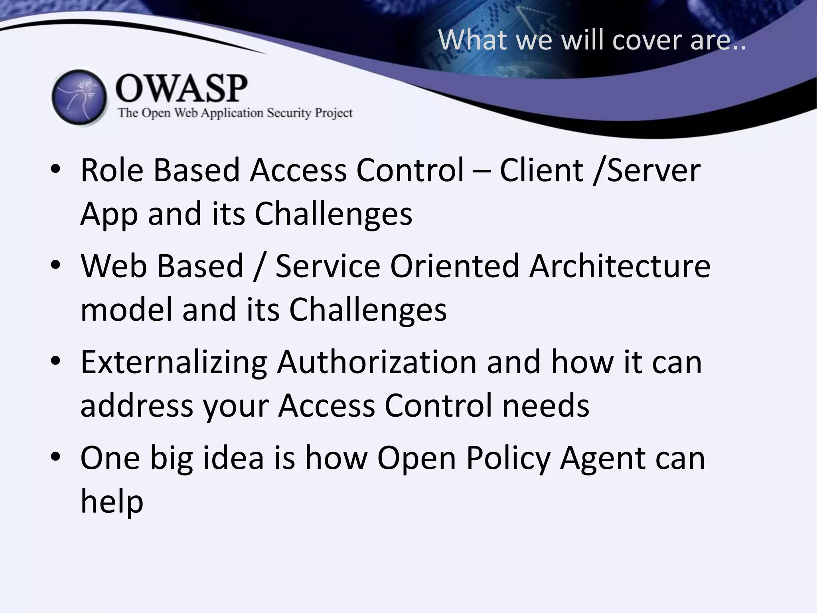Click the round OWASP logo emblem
coord(79,98)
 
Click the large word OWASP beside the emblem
coord(182,88)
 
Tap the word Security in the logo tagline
coord(289,113)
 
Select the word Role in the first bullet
coord(112,170)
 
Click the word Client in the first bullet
coord(541,170)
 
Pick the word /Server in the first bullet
coord(647,170)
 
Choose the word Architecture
coord(620,266)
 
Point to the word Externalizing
coord(174,362)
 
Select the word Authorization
coord(377,362)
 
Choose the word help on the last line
coord(112,501)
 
